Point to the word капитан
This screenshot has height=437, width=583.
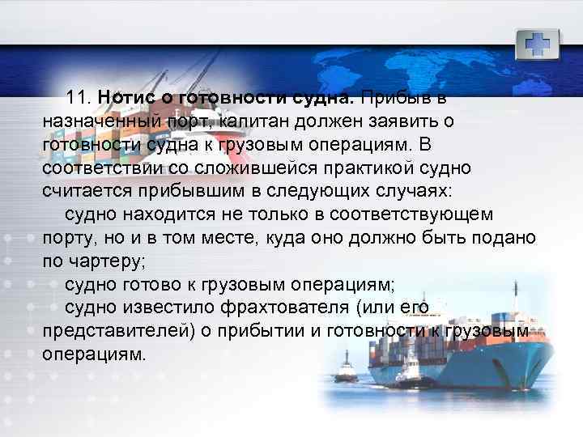coord(245,121)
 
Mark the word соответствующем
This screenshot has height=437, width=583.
coord(425,215)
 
